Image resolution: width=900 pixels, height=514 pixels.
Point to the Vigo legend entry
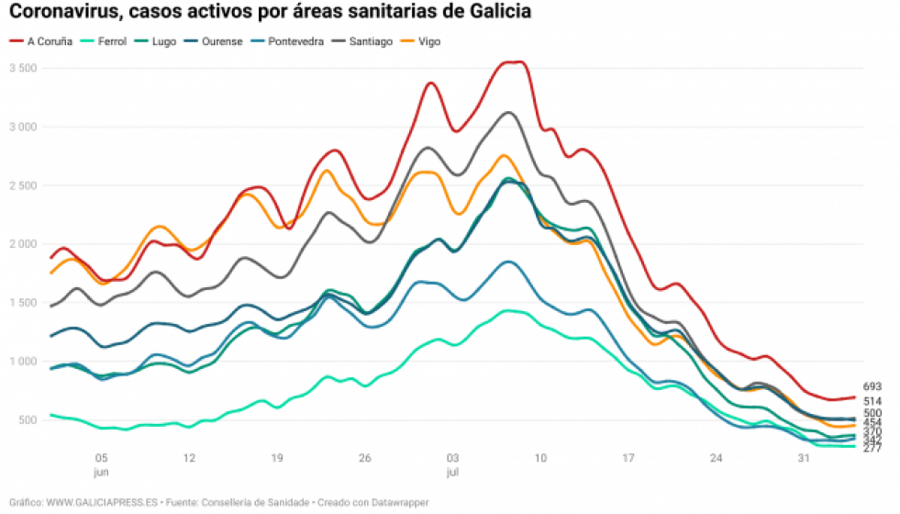point(429,41)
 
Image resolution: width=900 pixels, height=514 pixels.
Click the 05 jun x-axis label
point(101,464)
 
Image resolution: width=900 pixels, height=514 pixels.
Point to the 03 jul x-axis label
point(452,464)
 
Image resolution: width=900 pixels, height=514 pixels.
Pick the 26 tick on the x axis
point(364,458)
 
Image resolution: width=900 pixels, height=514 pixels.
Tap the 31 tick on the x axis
point(804,458)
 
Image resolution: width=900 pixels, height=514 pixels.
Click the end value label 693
point(872,386)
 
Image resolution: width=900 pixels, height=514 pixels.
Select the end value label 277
point(872,448)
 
